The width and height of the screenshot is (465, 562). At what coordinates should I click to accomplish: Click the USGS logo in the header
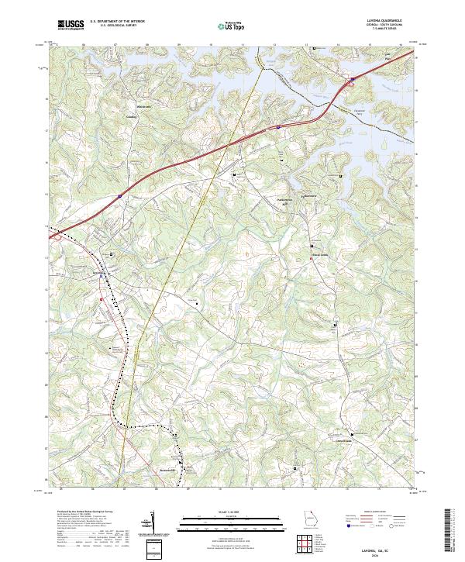(x=71, y=25)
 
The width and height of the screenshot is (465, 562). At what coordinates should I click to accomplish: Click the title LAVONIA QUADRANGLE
(x=380, y=20)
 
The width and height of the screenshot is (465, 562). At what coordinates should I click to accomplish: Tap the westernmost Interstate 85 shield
(x=120, y=197)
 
